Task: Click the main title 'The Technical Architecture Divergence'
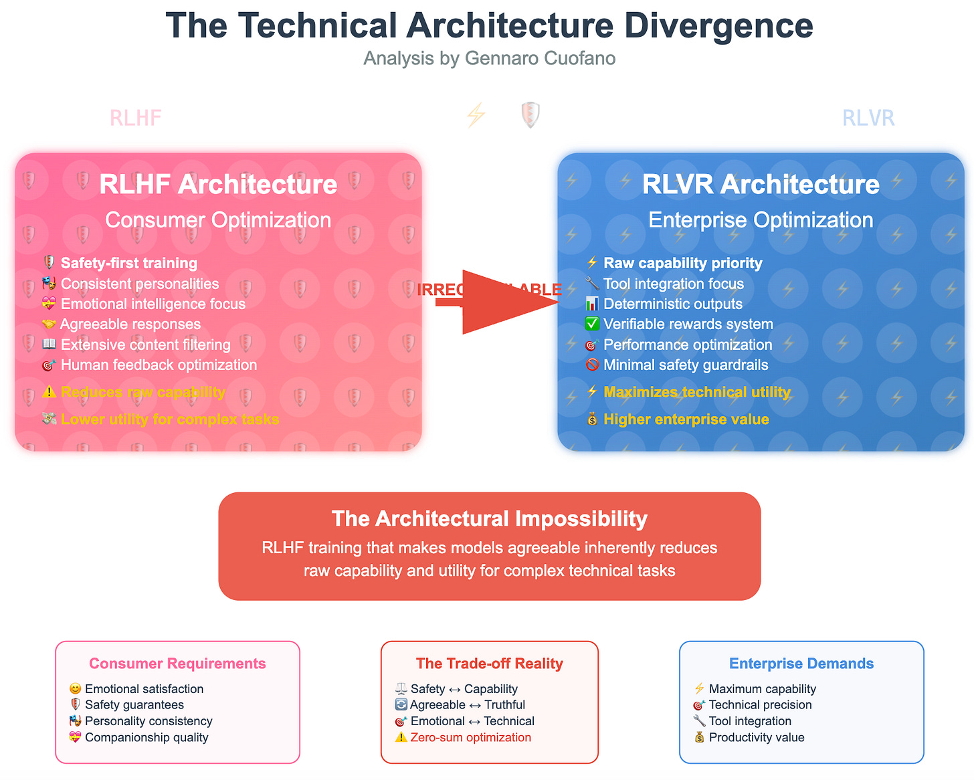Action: coord(489,26)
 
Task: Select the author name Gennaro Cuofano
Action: coord(540,59)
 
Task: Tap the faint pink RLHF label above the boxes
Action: coord(136,118)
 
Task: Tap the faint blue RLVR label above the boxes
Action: coord(868,118)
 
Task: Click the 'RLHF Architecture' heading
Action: coord(218,185)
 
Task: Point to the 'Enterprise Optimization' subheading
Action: coord(761,220)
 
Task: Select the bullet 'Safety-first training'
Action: coord(128,263)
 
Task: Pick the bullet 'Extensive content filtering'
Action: coord(145,345)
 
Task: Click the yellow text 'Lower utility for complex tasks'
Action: coord(170,419)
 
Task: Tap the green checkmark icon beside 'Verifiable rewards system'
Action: coord(592,324)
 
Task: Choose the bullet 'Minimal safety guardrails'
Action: coord(685,365)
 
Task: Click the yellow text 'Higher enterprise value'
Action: coord(686,419)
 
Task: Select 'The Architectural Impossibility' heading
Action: coord(489,518)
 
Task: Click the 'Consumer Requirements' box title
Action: coord(177,664)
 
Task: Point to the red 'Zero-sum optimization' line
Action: coord(470,737)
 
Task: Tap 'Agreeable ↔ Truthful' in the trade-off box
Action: coord(467,704)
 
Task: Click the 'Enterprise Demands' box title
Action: coord(801,664)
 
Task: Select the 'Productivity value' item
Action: coord(756,737)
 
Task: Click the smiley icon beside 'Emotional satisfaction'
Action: coord(75,689)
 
